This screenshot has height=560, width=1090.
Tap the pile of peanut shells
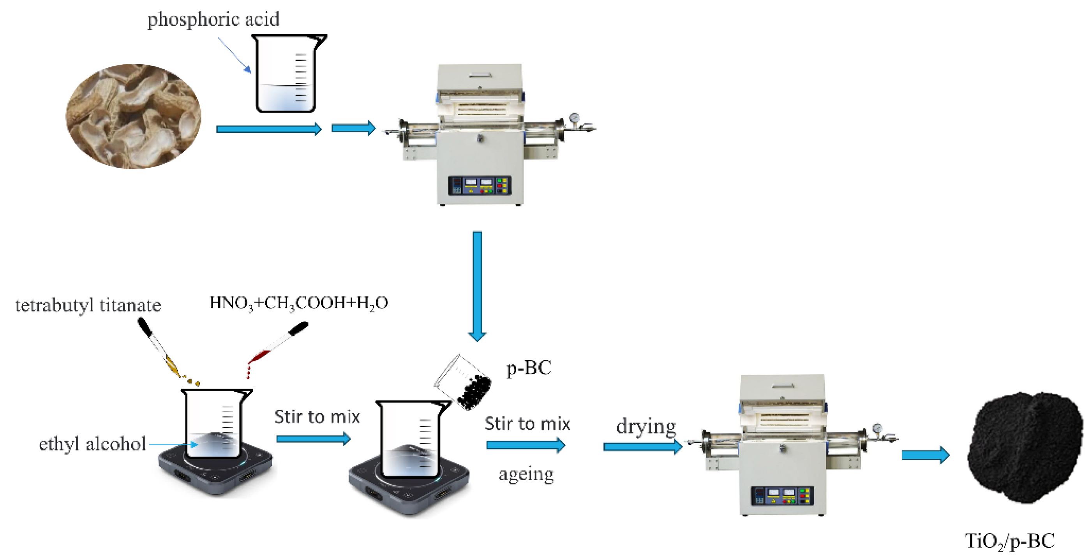pyautogui.click(x=133, y=116)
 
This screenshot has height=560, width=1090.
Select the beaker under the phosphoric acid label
pyautogui.click(x=287, y=74)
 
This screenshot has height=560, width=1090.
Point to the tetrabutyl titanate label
pyautogui.click(x=88, y=305)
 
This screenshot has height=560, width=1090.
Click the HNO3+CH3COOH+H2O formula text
pyautogui.click(x=298, y=303)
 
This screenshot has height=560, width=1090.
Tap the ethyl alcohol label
pyautogui.click(x=92, y=444)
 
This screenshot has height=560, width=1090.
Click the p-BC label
pyautogui.click(x=529, y=368)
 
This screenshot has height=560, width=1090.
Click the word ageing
pyautogui.click(x=526, y=474)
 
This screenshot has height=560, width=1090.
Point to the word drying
pyautogui.click(x=646, y=426)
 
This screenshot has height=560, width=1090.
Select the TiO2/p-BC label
pyautogui.click(x=1009, y=541)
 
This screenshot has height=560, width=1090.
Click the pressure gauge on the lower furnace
pyautogui.click(x=877, y=428)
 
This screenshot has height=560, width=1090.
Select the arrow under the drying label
pyautogui.click(x=642, y=447)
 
